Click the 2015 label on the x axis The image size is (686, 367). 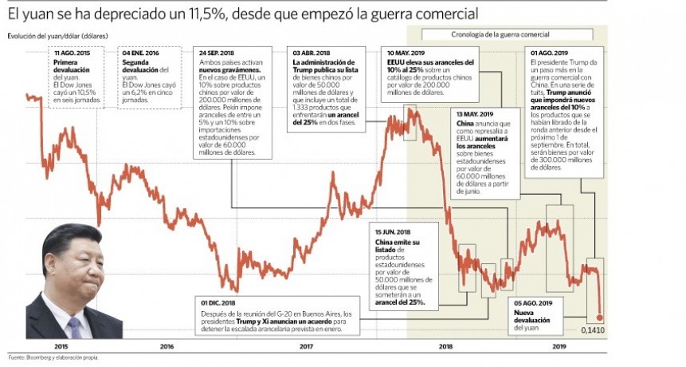61,346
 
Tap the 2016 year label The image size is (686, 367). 167,346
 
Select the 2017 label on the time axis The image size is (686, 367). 306,346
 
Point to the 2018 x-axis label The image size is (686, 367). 445,346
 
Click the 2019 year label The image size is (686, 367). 559,346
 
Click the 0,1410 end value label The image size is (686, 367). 593,329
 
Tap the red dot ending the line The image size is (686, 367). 600,317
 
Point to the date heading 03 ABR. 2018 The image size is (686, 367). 312,53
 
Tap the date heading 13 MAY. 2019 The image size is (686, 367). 476,114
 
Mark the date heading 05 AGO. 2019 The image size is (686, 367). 533,304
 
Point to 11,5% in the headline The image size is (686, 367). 218,14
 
